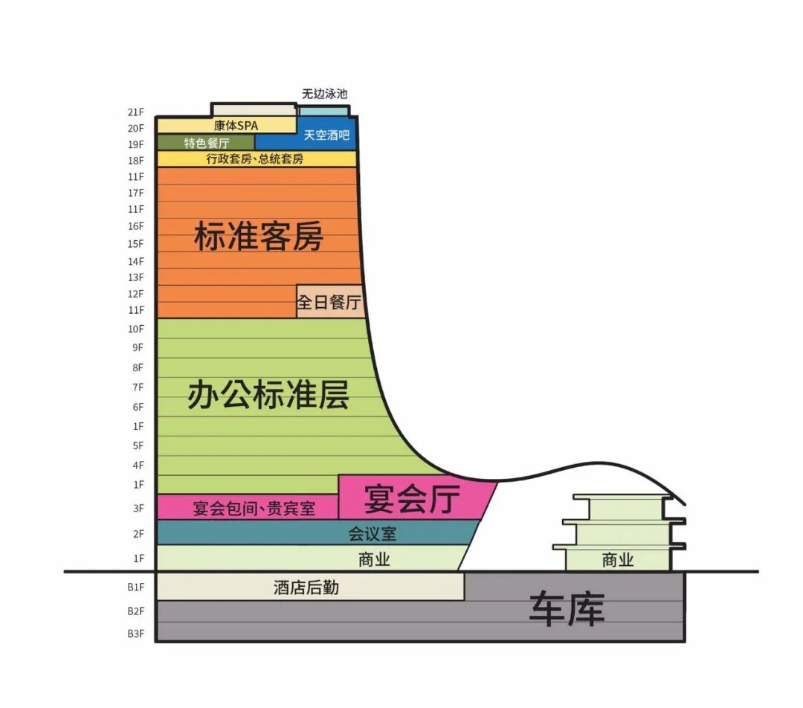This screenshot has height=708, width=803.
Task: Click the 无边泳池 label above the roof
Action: [x=324, y=94]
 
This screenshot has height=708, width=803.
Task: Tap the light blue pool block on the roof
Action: [x=323, y=112]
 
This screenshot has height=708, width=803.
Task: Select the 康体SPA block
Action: [x=227, y=126]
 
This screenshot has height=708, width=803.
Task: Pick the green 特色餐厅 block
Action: [x=206, y=142]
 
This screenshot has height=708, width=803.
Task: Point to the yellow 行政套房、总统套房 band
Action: [x=255, y=159]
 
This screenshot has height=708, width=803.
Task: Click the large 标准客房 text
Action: [x=258, y=236]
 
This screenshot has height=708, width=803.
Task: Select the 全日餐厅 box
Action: [x=329, y=302]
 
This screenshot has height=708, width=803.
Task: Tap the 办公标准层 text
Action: [x=268, y=394]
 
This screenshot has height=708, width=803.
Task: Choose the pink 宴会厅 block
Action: [x=413, y=498]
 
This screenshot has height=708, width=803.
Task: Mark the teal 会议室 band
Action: [x=372, y=533]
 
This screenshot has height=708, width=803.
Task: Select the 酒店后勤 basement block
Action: [x=306, y=588]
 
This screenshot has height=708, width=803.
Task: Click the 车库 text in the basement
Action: [x=567, y=609]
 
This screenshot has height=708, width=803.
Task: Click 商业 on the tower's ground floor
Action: [x=374, y=560]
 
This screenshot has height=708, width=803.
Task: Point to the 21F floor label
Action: [x=135, y=112]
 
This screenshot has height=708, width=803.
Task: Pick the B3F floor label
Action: [x=135, y=634]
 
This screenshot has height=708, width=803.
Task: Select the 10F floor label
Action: [x=135, y=329]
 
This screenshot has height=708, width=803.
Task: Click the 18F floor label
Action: [x=135, y=161]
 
